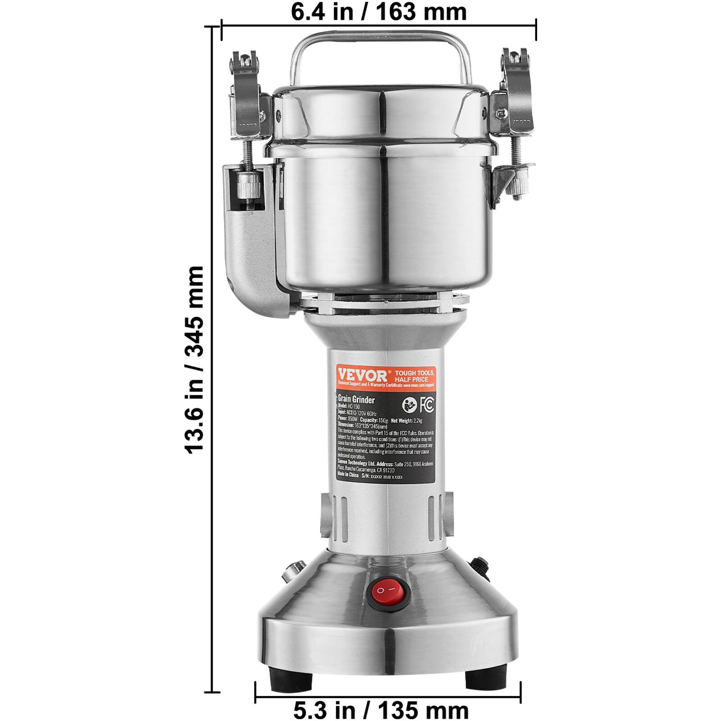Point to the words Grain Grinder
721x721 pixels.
(356, 400)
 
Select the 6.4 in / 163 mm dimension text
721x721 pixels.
(379, 12)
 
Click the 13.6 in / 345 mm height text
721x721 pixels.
(195, 359)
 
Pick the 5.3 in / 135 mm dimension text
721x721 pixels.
(381, 711)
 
